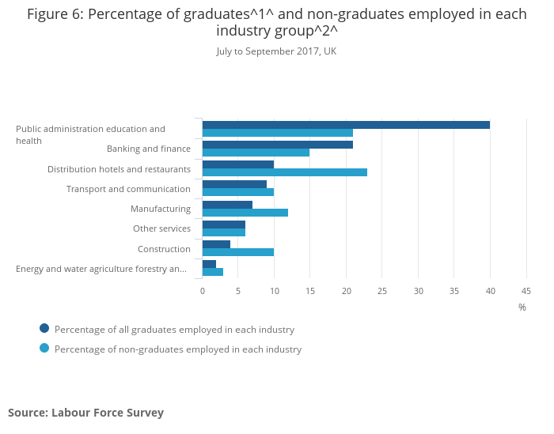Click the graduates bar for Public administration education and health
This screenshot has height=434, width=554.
[x=346, y=125]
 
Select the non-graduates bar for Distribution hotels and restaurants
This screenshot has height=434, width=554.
[x=285, y=172]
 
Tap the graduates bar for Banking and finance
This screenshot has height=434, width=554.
[x=278, y=145]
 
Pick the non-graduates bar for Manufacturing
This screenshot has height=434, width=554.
[x=245, y=213]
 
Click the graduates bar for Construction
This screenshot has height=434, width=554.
[x=216, y=244]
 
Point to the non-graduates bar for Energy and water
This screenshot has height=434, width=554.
[x=213, y=272]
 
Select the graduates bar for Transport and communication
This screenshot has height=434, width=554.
[x=234, y=184]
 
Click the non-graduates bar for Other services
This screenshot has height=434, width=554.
[x=224, y=232]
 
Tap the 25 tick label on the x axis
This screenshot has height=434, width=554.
[x=382, y=291]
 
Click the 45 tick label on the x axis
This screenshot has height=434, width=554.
[x=526, y=291]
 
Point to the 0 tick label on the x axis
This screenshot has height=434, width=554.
[x=203, y=291]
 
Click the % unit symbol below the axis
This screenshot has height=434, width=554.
[x=522, y=308]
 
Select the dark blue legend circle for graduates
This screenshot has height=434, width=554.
[x=44, y=328]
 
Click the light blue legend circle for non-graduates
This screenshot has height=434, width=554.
[x=44, y=349]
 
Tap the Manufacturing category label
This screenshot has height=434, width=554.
[x=161, y=209]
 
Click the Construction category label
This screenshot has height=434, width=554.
[x=165, y=249]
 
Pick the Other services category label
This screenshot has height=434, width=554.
[x=161, y=228]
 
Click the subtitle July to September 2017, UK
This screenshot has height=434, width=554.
[x=277, y=51]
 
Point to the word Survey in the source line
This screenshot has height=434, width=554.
[x=145, y=413]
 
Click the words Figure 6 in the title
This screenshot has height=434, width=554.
[x=55, y=14]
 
